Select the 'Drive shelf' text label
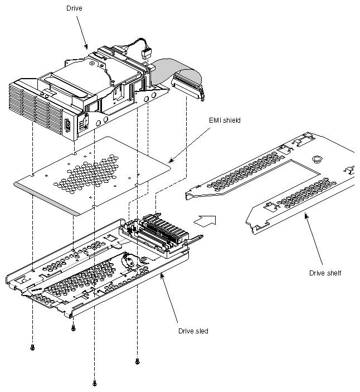coord(326,273)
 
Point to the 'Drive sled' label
coord(193,331)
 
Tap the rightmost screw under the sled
coord(137,361)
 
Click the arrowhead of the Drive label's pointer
coord(86,47)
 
